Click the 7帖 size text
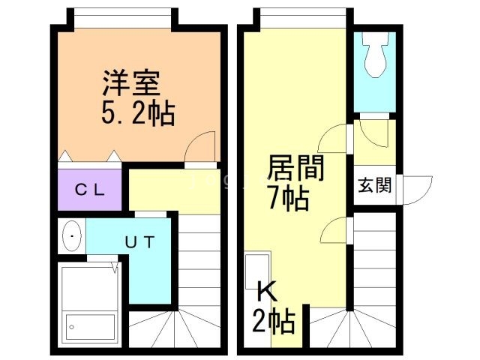pos(288,199)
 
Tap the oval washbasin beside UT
pos(72,238)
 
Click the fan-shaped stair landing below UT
pos(175,329)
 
